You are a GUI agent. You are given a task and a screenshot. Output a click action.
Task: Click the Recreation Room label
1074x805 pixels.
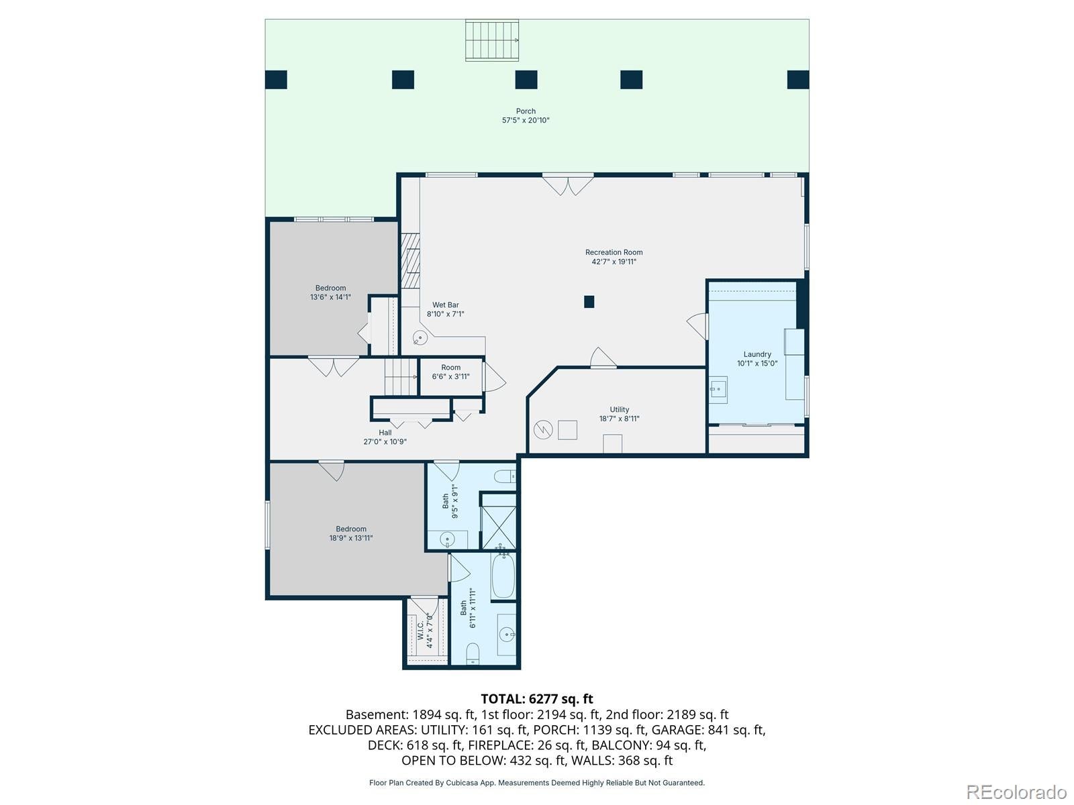pos(614,252)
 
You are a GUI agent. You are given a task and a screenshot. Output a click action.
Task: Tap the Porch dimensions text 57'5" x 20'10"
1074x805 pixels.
pos(526,120)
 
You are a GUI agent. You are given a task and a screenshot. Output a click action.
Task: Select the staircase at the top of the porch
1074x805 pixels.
pos(492,40)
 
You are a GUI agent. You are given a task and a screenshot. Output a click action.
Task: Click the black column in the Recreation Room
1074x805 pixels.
pos(589,302)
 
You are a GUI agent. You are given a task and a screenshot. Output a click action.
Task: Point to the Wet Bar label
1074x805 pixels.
pos(445,305)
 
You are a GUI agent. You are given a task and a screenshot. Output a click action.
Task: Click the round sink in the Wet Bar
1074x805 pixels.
pos(420,337)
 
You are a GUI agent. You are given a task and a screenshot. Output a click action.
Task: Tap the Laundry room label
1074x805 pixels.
pos(757,354)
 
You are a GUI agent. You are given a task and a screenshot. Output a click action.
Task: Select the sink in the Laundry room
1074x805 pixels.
pos(719,390)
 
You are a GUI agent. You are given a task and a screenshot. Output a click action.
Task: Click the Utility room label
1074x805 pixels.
pos(619,410)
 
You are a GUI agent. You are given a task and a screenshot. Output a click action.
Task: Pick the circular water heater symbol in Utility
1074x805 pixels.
pos(543,430)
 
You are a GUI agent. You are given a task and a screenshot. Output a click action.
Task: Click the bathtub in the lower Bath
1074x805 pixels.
pos(503,575)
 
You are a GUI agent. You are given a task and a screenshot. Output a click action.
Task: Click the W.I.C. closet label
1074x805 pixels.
pos(420,630)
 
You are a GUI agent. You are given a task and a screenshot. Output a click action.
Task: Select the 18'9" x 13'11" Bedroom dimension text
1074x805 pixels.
pos(351,538)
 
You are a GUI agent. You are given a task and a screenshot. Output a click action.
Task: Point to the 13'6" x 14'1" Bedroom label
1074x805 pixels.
pos(330,292)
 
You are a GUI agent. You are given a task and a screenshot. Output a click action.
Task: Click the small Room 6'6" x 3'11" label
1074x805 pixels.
pos(450,372)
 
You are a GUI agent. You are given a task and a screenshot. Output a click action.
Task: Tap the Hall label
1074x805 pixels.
pos(385,433)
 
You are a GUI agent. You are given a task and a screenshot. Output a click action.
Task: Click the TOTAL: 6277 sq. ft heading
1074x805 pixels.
pos(537,699)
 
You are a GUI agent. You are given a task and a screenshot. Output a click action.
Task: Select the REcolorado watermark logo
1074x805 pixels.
pos(1017,792)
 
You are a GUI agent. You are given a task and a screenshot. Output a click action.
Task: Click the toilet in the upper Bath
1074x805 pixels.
pos(505,476)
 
